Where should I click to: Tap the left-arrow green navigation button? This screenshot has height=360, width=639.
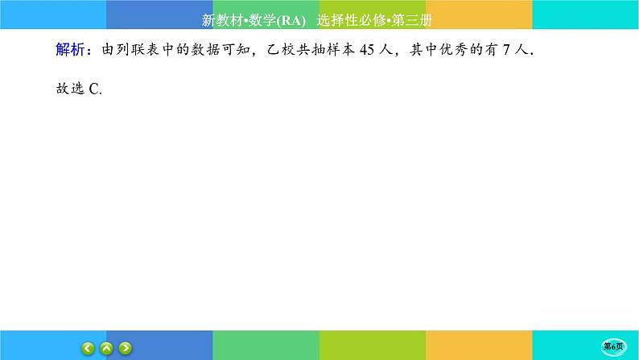click(x=89, y=348)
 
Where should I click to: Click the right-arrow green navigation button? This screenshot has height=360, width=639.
click(x=126, y=348)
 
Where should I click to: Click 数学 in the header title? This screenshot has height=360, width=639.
click(x=262, y=19)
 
